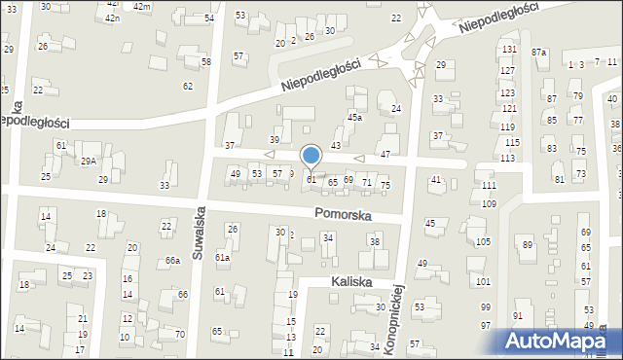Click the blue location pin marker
tap(311, 157)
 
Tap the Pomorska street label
tap(342, 214)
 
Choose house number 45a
tap(355, 117)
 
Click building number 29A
tap(89, 161)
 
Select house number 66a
tap(172, 261)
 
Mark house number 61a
tap(222, 257)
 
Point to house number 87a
tap(539, 52)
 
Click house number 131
tap(508, 49)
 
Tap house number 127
tap(507, 71)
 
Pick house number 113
tap(507, 158)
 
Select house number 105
tap(484, 241)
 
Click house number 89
tap(528, 244)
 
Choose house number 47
tap(385, 155)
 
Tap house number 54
tap(210, 18)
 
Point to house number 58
tap(205, 61)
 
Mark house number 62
tap(188, 87)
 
